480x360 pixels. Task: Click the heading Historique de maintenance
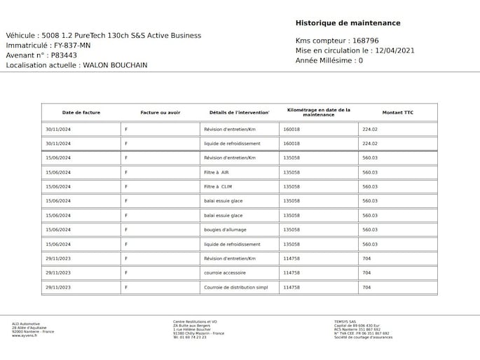click(x=348, y=23)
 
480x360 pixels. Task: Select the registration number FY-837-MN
click(x=72, y=46)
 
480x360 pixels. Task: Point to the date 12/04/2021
click(x=395, y=50)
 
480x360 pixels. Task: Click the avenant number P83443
click(x=64, y=55)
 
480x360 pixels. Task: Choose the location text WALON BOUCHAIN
click(x=115, y=65)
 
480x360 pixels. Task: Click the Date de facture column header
click(x=81, y=113)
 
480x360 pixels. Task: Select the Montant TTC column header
click(x=397, y=113)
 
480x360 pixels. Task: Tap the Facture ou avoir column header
click(x=160, y=113)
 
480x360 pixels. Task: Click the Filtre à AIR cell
click(x=216, y=172)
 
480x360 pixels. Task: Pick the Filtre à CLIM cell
click(x=217, y=187)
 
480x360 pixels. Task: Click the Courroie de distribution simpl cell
click(x=235, y=287)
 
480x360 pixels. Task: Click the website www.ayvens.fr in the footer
click(x=25, y=335)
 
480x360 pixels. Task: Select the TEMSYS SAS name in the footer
click(x=346, y=322)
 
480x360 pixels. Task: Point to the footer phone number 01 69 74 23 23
click(x=192, y=338)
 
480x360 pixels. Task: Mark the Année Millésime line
click(x=329, y=61)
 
